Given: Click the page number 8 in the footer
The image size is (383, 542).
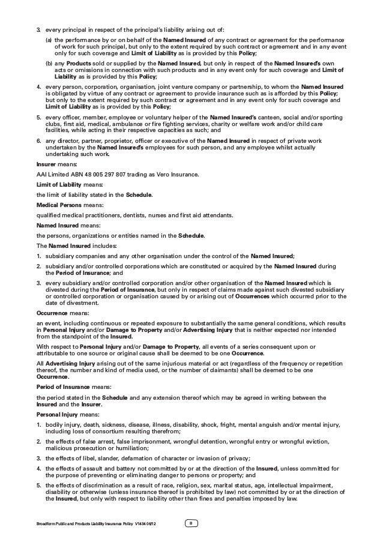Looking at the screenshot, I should (191, 526).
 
